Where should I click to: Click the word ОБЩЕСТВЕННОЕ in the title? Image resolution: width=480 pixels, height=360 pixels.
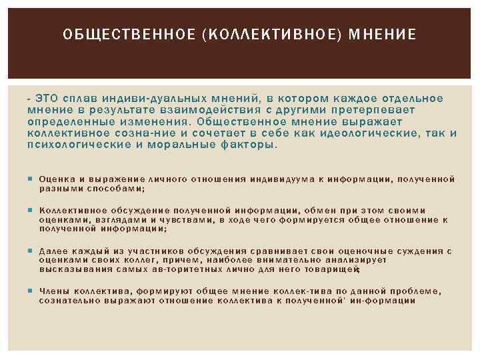117,33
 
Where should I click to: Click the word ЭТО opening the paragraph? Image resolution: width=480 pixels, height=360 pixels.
47,99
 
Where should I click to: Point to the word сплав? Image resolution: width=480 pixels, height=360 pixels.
83,99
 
